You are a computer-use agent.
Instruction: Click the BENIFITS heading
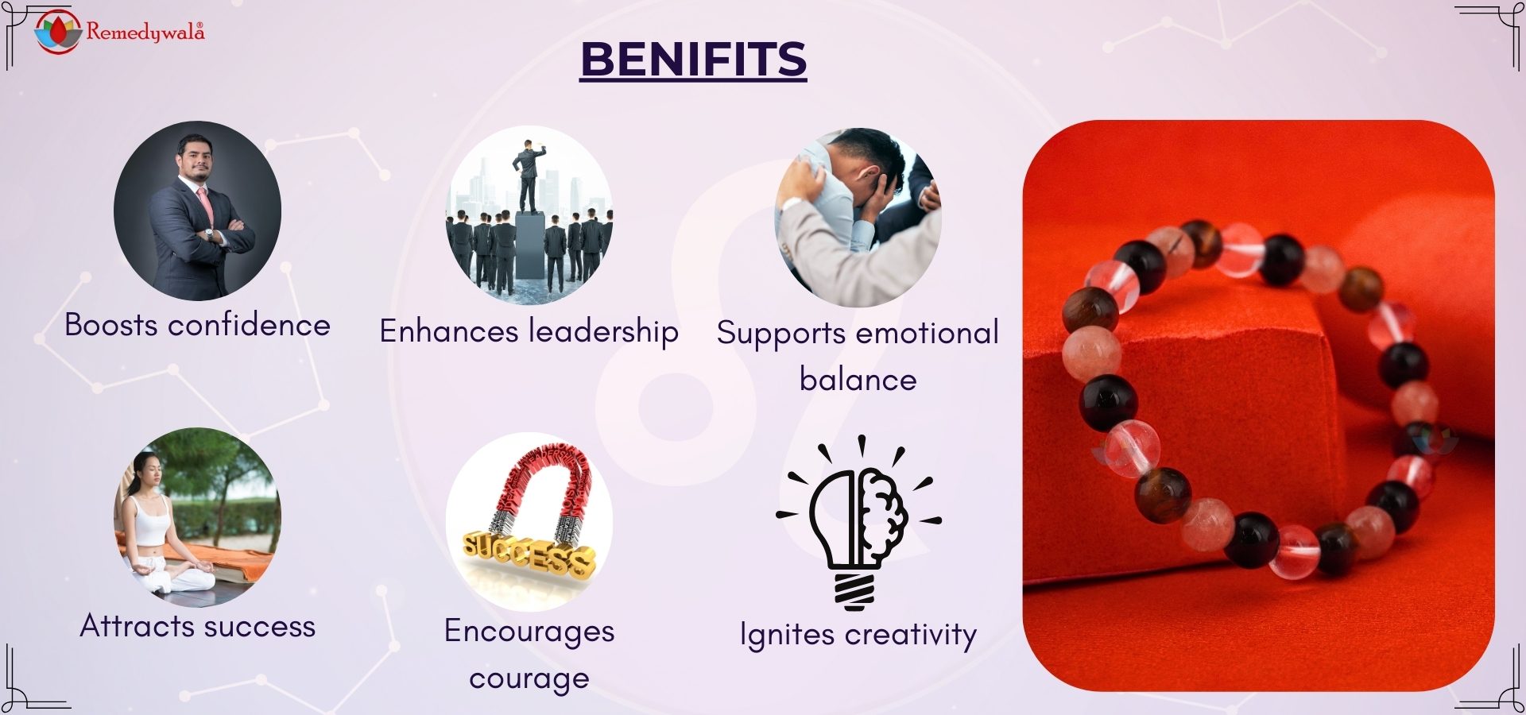[693, 60]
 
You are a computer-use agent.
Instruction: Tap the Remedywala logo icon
[58, 32]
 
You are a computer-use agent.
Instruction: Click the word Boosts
[111, 325]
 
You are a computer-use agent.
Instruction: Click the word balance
[858, 380]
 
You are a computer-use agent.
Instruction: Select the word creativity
[911, 636]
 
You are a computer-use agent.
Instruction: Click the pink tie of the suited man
[205, 207]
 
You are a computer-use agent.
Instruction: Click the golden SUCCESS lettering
[529, 553]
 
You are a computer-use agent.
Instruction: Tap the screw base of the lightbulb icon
[854, 591]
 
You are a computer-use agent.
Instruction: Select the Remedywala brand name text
[145, 32]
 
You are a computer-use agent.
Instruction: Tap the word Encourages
[529, 632]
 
